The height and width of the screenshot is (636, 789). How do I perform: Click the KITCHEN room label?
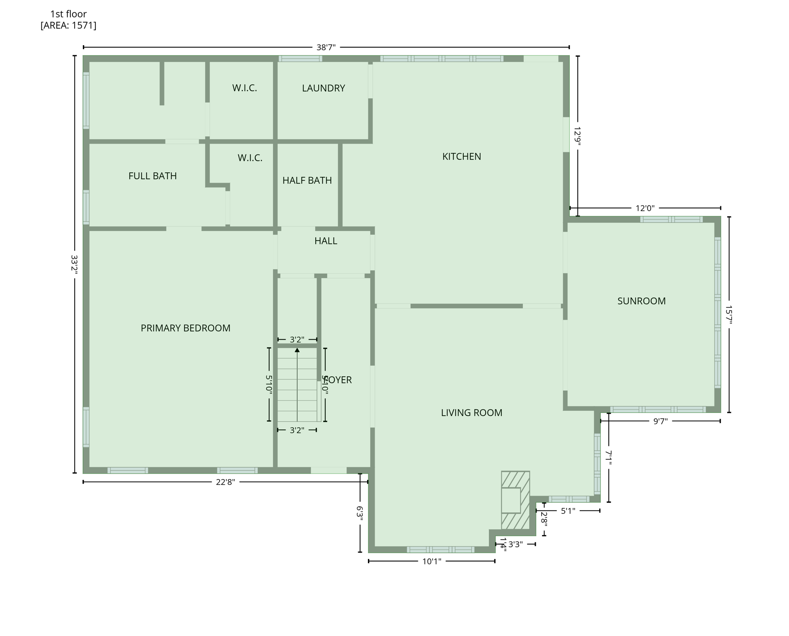pyautogui.click(x=461, y=157)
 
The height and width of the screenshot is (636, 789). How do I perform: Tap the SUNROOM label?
pyautogui.click(x=641, y=301)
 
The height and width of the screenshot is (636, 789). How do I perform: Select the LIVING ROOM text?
pyautogui.click(x=471, y=413)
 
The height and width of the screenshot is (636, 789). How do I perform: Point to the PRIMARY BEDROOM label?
pyautogui.click(x=185, y=328)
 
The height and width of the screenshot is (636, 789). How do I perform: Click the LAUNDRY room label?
pyautogui.click(x=323, y=88)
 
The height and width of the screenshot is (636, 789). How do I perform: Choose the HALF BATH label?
pyautogui.click(x=307, y=181)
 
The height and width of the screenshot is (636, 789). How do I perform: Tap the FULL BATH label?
pyautogui.click(x=152, y=176)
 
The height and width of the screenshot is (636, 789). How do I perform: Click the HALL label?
pyautogui.click(x=325, y=241)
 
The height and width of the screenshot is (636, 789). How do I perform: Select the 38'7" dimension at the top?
pyautogui.click(x=326, y=47)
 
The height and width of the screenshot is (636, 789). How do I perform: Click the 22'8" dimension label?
pyautogui.click(x=225, y=482)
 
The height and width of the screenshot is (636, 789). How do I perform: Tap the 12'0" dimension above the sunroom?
pyautogui.click(x=645, y=208)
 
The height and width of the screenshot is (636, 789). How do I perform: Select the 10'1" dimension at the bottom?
pyautogui.click(x=431, y=561)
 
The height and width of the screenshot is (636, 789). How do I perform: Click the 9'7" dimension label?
pyautogui.click(x=660, y=422)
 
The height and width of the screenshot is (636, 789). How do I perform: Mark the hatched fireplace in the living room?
pyautogui.click(x=515, y=500)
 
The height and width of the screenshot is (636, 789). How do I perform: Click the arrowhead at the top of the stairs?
pyautogui.click(x=297, y=350)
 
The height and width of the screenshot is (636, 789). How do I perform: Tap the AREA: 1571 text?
pyautogui.click(x=68, y=26)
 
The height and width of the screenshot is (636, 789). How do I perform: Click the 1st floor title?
pyautogui.click(x=68, y=14)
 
